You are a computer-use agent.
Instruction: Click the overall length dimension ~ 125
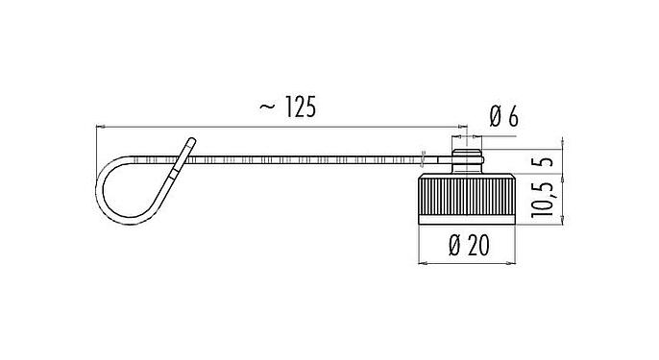288,108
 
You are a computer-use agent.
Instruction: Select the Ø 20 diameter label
470,247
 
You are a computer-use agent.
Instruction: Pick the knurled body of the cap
469,198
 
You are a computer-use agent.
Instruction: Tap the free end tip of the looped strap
191,141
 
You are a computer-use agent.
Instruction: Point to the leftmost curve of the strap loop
98,186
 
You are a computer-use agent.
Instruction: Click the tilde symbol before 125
265,108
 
